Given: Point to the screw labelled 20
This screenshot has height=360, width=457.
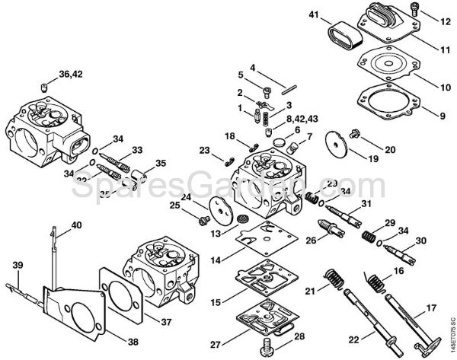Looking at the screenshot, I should [355, 135].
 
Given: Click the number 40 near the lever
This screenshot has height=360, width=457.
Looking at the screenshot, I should [75, 225].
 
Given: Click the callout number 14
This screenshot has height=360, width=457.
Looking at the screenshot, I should [216, 260].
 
